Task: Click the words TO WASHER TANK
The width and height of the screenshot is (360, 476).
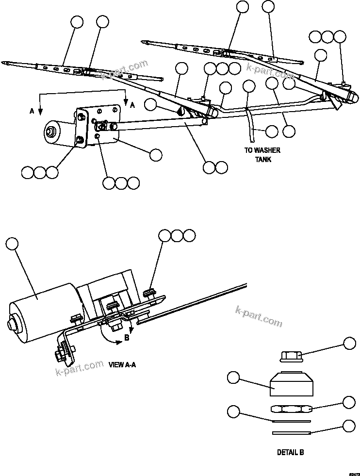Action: pos(262,155)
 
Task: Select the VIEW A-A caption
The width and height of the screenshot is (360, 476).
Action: pos(122,364)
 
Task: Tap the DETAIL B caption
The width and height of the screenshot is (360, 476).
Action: pos(290,452)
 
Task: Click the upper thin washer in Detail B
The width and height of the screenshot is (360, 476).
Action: pos(290,421)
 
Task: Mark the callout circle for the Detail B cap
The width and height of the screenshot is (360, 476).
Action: pos(233,377)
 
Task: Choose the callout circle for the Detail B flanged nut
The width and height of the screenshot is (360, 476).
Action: pos(349,343)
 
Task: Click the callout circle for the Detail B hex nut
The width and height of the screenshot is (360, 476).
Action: pos(349,402)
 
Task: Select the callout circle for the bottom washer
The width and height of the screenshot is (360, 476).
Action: pos(349,426)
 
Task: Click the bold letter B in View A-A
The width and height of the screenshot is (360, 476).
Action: pos(127,338)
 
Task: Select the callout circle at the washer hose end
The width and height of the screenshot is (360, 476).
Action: pos(272,131)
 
